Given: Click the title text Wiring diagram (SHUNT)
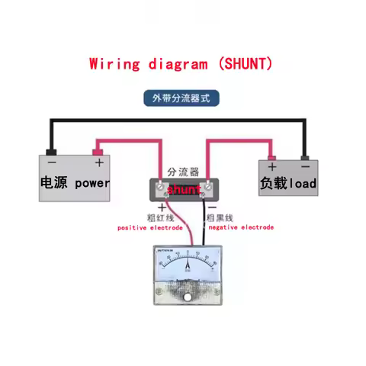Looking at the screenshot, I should (180, 64).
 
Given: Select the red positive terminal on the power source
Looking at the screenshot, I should (98, 150).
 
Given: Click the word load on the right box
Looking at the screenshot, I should (302, 184).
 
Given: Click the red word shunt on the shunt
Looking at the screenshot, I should (183, 188).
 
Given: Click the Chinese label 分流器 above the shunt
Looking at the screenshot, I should (182, 172).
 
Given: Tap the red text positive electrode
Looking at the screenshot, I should (149, 227).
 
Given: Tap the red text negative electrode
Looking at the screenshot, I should (240, 227).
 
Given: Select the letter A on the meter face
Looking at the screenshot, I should (190, 272).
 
